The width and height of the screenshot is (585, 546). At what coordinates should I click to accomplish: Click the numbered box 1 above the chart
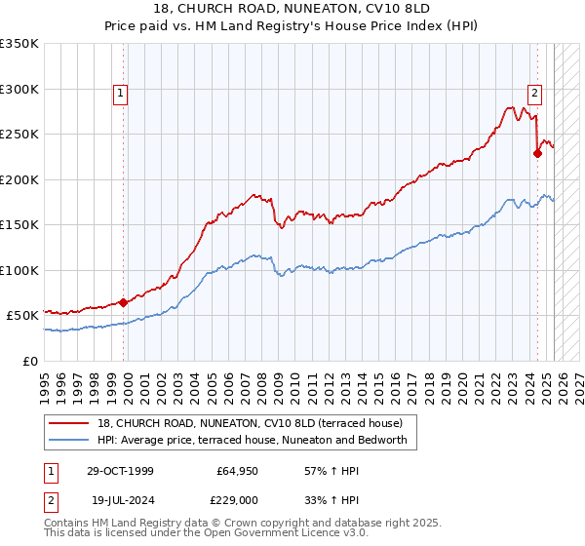119,94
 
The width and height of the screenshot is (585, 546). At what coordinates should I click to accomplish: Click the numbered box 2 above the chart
535,94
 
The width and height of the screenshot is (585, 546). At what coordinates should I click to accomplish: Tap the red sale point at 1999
124,302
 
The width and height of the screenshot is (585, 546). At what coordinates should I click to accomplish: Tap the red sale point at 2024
537,152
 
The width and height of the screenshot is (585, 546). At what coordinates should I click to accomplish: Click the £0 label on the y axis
29,361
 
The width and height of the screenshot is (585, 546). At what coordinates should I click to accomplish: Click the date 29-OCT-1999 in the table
119,471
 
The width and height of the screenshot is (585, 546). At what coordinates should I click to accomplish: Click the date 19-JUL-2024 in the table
119,498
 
